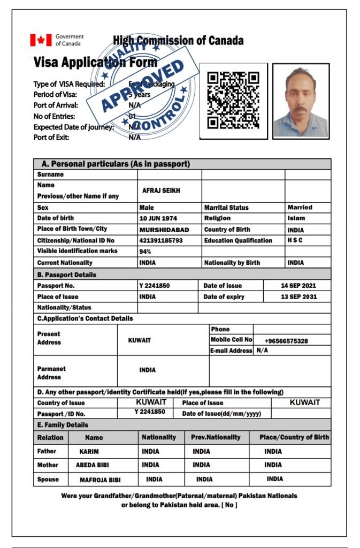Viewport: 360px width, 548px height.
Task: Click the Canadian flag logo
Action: (40, 40)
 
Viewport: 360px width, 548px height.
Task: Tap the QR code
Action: (233, 100)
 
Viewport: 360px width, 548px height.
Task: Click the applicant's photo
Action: (300, 101)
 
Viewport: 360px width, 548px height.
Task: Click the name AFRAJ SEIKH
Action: (159, 191)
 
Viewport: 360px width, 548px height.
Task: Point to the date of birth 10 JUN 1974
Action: (158, 218)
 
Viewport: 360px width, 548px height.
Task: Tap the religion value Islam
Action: (296, 218)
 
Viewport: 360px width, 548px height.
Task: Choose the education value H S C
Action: (295, 240)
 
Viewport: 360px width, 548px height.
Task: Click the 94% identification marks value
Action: (144, 252)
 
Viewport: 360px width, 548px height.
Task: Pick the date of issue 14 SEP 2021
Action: (298, 286)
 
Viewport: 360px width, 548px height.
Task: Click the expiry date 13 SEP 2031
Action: (298, 297)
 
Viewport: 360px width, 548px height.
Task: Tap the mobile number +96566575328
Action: (286, 341)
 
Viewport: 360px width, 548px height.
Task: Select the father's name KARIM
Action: (89, 452)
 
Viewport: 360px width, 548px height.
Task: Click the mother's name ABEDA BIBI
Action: (93, 466)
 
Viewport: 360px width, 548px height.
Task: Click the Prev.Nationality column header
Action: (216, 437)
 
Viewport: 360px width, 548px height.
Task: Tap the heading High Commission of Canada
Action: (178, 41)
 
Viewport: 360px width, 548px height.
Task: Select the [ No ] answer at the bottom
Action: (231, 505)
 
